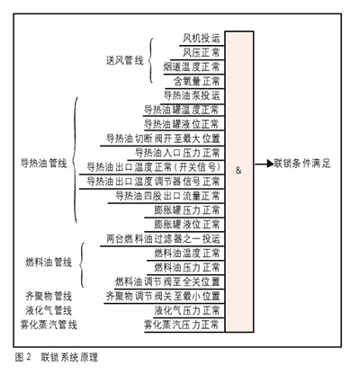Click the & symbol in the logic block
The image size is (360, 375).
[x=238, y=171]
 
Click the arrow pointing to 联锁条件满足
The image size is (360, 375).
[x=264, y=164]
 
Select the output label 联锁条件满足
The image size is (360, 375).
[x=302, y=164]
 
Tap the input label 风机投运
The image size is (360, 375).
[x=202, y=39]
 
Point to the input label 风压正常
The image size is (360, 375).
[x=202, y=53]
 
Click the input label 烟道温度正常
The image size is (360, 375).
[x=192, y=67]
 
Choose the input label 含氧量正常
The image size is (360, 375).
[x=197, y=81]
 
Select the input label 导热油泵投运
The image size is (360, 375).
[x=192, y=95]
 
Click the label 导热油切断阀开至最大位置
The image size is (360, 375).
[x=164, y=138]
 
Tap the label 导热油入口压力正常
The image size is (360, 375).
[x=177, y=153]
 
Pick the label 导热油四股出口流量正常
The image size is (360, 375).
[x=168, y=196]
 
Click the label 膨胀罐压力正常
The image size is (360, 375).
[x=187, y=210]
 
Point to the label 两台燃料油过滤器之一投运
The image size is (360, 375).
[x=164, y=239]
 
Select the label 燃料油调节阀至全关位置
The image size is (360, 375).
[x=168, y=281]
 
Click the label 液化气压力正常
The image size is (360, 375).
[x=187, y=310]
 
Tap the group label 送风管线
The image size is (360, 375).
[x=125, y=60]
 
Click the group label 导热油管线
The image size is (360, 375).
[x=44, y=164]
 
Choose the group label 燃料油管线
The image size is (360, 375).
[x=49, y=263]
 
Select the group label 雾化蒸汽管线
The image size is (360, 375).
[x=49, y=325]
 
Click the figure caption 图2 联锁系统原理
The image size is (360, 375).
[x=57, y=357]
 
